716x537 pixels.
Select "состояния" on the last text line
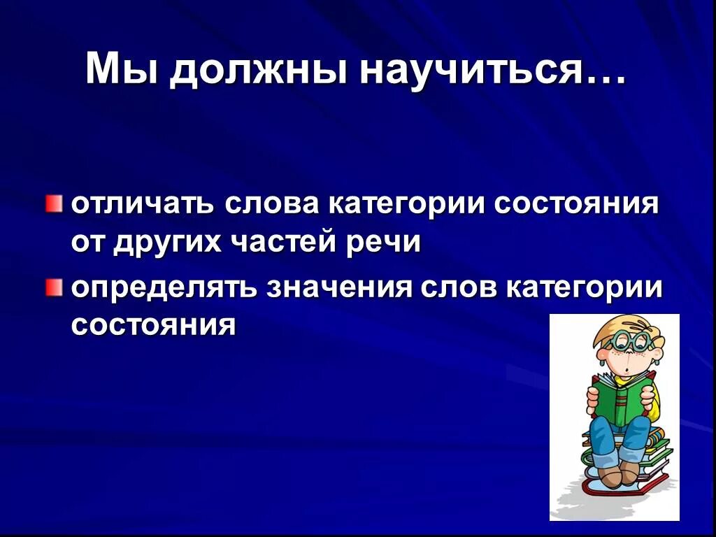[x=153, y=325]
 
